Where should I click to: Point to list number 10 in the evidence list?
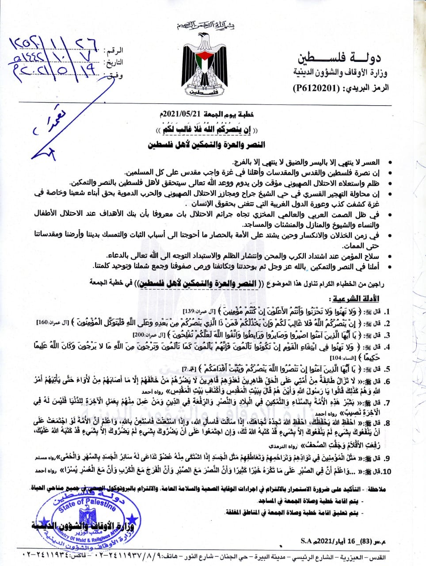coord(387,472)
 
